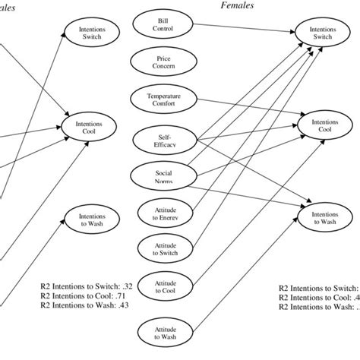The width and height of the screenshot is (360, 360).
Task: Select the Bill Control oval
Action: click(163, 25)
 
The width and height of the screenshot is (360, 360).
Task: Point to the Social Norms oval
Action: click(163, 175)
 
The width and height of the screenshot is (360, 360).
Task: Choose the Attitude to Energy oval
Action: click(163, 212)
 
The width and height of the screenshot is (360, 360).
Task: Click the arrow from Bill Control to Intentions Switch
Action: click(243, 30)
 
